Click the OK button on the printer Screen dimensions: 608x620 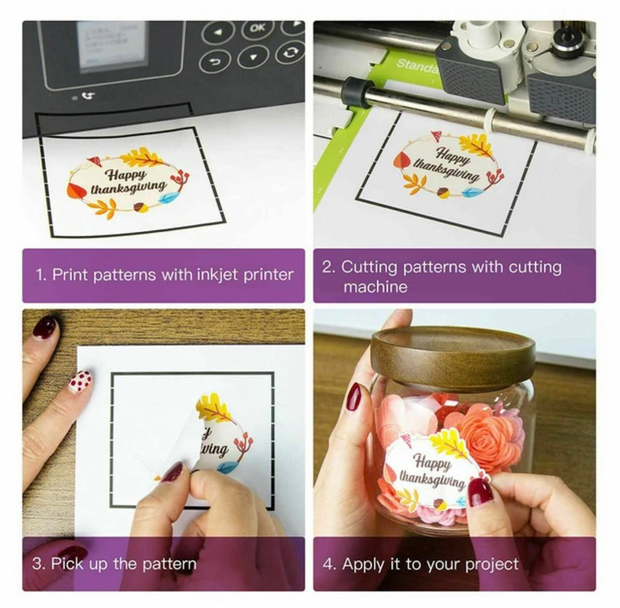click(257, 28)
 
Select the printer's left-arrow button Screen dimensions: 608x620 click(218, 31)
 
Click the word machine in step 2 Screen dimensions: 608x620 click(375, 286)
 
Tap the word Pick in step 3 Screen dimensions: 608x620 click(67, 564)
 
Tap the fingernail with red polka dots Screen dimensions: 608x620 click(80, 382)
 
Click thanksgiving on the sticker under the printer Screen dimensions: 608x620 click(128, 187)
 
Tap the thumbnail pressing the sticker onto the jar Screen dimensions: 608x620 click(480, 492)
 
